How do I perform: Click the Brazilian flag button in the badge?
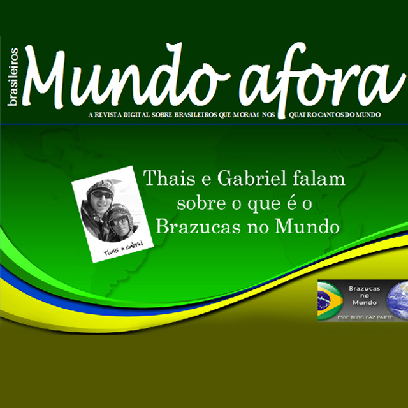coord(330,298)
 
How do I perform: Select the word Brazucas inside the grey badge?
coord(365,289)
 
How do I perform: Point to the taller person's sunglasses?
coord(101,194)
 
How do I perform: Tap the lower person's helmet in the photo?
coord(119,210)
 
